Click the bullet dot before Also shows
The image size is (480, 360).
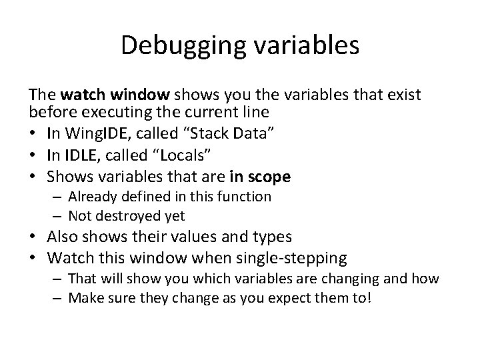[x=32, y=237]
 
